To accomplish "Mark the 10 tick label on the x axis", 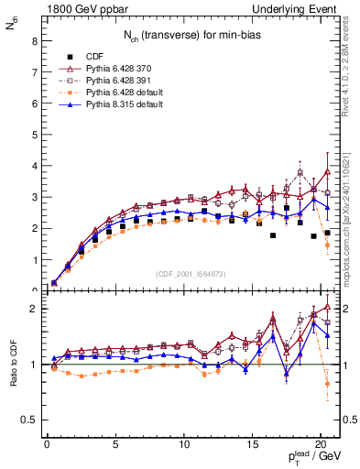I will pos(183,445).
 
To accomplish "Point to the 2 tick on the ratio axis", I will pos(34,309).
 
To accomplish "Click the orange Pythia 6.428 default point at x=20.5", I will pos(327,245).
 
